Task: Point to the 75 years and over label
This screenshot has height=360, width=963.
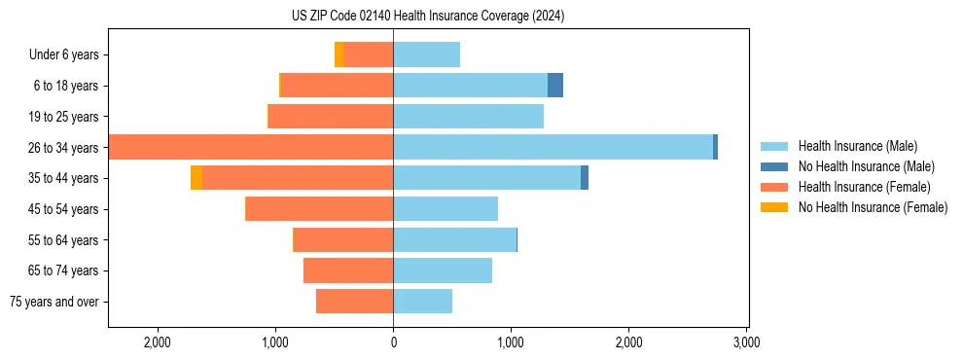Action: point(53,302)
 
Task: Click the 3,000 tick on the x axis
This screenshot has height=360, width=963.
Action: point(746,342)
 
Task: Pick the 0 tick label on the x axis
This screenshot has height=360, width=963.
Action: point(393,342)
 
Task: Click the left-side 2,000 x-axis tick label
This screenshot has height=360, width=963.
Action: point(158,342)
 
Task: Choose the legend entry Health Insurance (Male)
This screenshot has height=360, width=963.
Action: point(857,146)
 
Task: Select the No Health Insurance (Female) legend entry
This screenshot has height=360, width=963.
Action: point(873,207)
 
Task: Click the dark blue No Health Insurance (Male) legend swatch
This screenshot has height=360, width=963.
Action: point(775,166)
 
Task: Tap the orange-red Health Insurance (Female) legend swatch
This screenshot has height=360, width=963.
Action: point(775,187)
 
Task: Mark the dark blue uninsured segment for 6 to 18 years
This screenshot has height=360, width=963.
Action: point(555,86)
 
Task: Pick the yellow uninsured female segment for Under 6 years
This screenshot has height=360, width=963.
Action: point(339,54)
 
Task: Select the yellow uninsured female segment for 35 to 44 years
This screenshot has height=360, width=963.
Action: point(196,178)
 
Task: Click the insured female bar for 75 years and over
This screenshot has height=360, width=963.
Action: point(354,302)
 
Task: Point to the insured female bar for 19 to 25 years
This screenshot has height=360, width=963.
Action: point(331,117)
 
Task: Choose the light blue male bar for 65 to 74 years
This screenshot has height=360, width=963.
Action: point(443,270)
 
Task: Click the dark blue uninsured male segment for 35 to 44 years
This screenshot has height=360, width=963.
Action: point(585,178)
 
